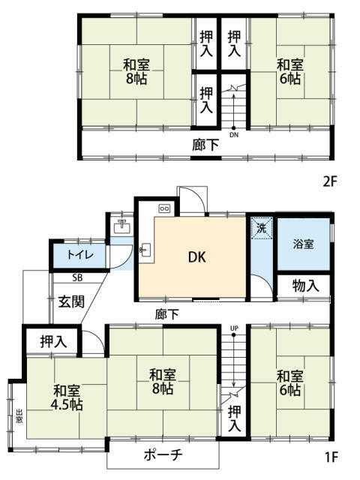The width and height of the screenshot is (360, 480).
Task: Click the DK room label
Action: [x=196, y=257]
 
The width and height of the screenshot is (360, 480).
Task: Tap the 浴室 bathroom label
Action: [x=303, y=244]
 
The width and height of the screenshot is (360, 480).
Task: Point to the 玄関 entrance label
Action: [x=71, y=301]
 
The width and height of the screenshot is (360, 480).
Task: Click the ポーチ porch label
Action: [x=163, y=455]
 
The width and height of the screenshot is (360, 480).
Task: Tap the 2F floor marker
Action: [x=330, y=182]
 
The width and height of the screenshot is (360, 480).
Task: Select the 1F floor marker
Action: [x=331, y=457]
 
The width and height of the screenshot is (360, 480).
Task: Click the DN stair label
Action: [x=234, y=135]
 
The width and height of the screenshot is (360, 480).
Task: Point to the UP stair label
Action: [x=234, y=328]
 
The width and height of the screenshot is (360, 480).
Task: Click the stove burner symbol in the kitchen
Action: [x=164, y=208]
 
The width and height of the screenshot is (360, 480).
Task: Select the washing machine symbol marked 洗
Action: [x=261, y=228]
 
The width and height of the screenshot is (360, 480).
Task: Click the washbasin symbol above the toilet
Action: [x=121, y=226]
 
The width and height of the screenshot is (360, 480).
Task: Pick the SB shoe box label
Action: [x=77, y=278]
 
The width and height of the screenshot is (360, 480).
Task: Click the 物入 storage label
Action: [x=305, y=286]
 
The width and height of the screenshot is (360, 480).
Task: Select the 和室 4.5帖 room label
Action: [x=67, y=397]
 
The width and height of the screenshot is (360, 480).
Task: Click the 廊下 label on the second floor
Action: [x=205, y=145]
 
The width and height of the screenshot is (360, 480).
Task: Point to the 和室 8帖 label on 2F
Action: [x=136, y=72]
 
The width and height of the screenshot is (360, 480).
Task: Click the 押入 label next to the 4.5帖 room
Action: [x=53, y=342]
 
